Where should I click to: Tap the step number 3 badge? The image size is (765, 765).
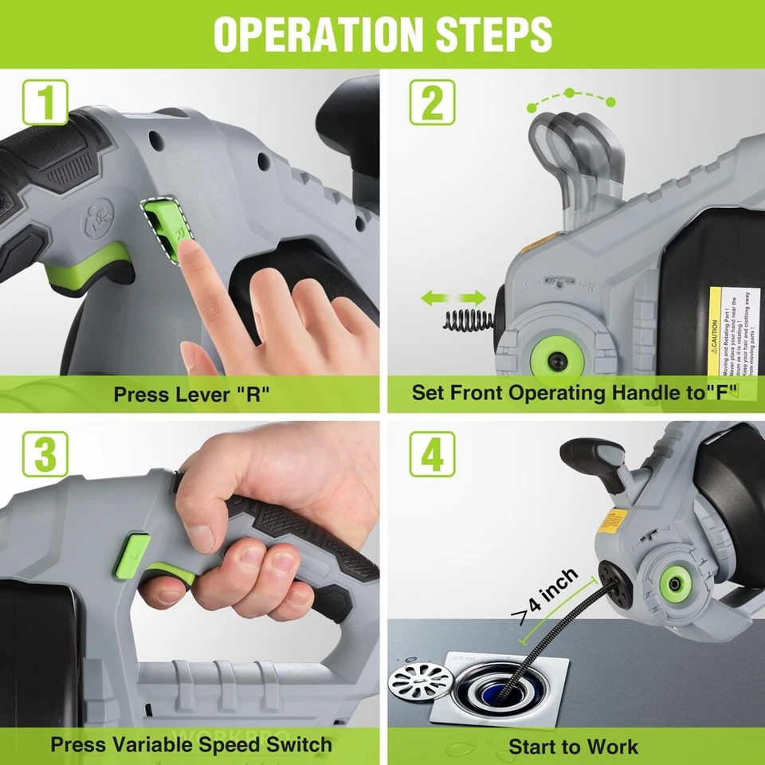click(x=45, y=454)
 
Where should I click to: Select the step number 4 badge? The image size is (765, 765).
click(x=432, y=454)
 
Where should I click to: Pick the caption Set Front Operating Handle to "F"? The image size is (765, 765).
click(x=574, y=392)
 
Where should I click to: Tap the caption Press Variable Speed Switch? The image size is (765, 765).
click(x=191, y=744)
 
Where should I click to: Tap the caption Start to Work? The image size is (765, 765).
click(x=574, y=746)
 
